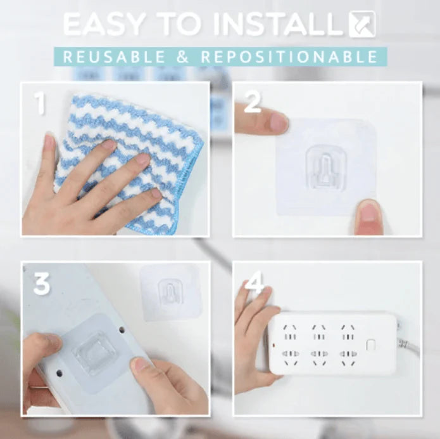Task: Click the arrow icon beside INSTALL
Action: tap(362, 23)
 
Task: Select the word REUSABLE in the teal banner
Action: tap(114, 56)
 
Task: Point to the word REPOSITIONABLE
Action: tap(289, 56)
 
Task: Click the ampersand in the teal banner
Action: tap(183, 56)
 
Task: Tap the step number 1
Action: tap(40, 103)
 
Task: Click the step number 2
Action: tap(253, 103)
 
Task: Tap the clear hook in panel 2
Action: tap(326, 167)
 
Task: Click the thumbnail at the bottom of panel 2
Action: tap(368, 216)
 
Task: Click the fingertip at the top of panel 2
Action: tap(279, 122)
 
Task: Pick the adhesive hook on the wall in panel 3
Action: tap(170, 292)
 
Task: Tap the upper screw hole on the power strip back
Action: tap(122, 329)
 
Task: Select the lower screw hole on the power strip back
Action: tap(60, 374)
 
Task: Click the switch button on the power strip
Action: tap(371, 344)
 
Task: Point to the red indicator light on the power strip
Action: tap(274, 344)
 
